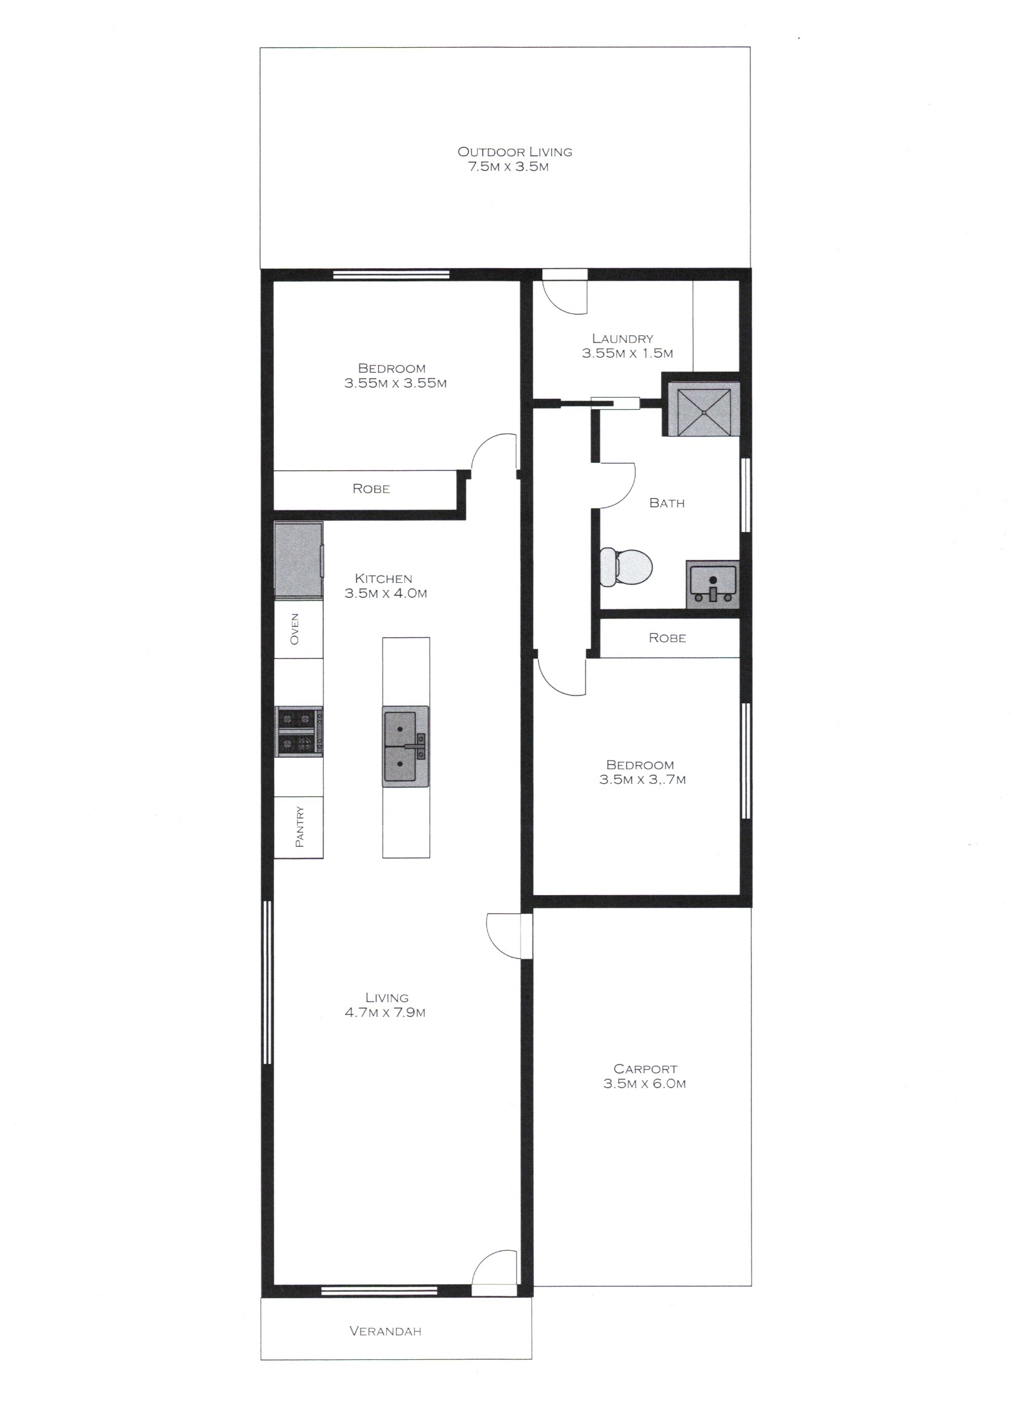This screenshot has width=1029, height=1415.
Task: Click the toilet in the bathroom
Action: pos(626,567)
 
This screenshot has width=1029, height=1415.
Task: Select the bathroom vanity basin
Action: pos(712,584)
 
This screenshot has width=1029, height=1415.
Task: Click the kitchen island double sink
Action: pos(406,746)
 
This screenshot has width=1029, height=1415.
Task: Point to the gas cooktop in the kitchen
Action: pos(300,732)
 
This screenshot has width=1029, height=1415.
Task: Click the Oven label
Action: pos(295,629)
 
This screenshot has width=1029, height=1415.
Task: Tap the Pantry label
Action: pos(300,827)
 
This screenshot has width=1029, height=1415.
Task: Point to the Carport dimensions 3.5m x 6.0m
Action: pos(645,1084)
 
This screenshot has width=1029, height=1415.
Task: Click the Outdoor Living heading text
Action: pos(515,151)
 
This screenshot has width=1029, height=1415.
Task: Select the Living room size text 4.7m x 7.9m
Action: pos(385,1013)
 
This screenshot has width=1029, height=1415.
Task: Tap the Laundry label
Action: pos(623,339)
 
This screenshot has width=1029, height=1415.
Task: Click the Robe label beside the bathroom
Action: pos(667,638)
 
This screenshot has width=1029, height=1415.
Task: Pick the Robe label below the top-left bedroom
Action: pos(371,488)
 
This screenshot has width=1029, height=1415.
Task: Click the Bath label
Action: pos(667,503)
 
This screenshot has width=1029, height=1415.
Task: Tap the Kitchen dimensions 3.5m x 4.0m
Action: pos(386,593)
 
